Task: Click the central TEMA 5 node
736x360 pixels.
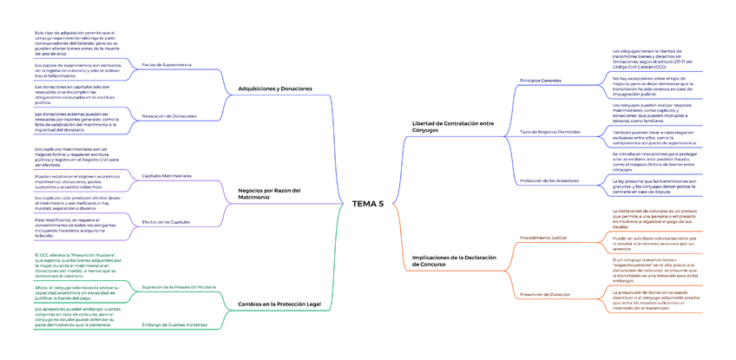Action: (367, 204)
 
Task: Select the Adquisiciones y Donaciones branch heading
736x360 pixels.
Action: (274, 89)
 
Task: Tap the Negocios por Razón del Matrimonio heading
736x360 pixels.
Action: (268, 193)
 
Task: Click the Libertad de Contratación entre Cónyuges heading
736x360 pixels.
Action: (452, 126)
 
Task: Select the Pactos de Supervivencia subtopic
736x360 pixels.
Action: (166, 65)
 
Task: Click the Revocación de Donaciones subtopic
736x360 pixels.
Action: (168, 115)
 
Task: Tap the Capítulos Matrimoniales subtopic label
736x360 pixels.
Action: (166, 176)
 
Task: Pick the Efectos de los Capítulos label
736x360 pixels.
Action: (165, 222)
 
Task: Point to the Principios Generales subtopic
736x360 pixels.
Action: (540, 81)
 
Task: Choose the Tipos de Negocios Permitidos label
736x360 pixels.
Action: (549, 132)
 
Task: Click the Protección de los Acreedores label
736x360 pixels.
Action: (547, 180)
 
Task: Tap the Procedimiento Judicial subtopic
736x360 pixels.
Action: (542, 237)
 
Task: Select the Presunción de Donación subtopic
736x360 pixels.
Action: (544, 294)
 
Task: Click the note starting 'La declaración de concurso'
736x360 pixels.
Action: (654, 219)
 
